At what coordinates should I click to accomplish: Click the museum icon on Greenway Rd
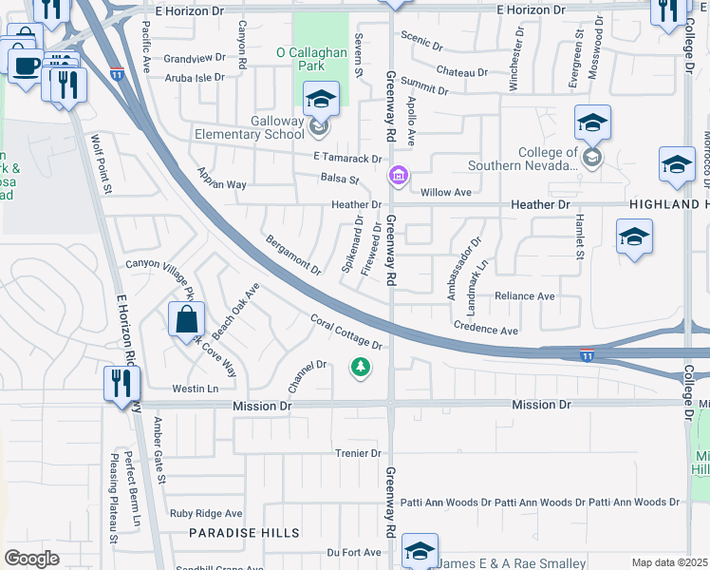(x=398, y=177)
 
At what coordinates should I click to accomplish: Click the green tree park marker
(x=360, y=367)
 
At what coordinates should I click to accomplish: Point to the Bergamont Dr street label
(x=293, y=255)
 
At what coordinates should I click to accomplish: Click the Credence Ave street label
(x=486, y=330)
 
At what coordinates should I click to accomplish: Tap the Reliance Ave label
(x=524, y=296)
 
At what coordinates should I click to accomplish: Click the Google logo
(x=32, y=559)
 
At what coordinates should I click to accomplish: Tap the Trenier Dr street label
(x=357, y=453)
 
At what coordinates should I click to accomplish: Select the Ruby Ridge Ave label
(x=206, y=513)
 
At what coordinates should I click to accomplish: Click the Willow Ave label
(x=446, y=192)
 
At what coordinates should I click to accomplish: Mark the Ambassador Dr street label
(x=465, y=269)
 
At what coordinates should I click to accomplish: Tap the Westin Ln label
(x=195, y=389)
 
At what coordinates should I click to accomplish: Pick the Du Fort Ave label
(x=353, y=552)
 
